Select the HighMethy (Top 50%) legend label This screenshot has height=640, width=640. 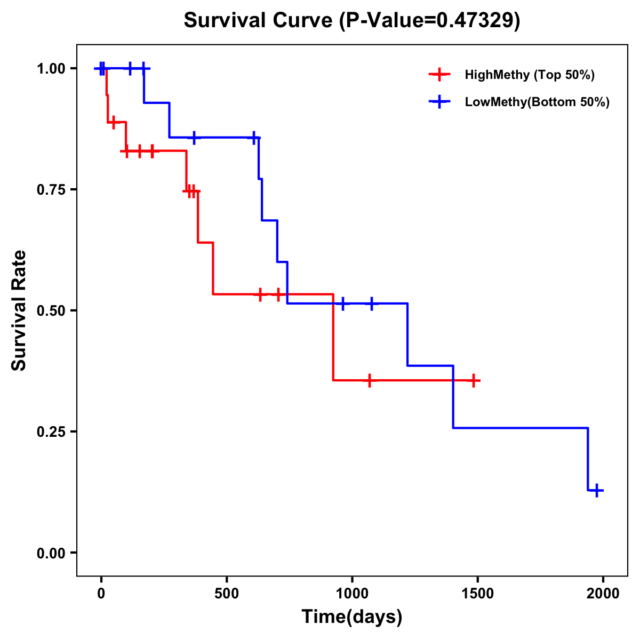[x=530, y=75]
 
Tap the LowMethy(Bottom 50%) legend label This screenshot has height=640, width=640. [x=537, y=102]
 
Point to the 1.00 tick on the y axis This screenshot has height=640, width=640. [x=51, y=68]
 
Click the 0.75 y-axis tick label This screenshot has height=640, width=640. [x=51, y=189]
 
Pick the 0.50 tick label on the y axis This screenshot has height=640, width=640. [x=51, y=310]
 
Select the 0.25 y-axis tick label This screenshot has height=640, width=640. [x=51, y=431]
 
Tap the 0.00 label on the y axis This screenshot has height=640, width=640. [x=51, y=553]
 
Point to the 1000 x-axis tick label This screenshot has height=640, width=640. [x=352, y=594]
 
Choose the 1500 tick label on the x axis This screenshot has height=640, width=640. [x=477, y=594]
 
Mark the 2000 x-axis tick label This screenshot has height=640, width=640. [x=603, y=594]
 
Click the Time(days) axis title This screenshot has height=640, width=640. [x=352, y=617]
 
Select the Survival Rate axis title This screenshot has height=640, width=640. [x=19, y=310]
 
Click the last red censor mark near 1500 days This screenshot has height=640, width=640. [x=473, y=380]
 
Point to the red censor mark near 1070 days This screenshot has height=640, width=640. [x=369, y=380]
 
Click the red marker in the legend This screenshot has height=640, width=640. [x=439, y=75]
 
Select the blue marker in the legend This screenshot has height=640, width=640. [x=439, y=102]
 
